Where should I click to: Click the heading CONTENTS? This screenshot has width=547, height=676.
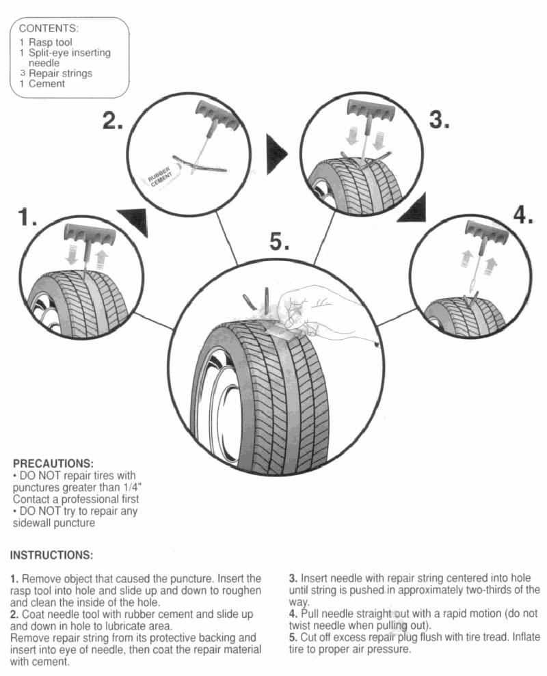(x=49, y=29)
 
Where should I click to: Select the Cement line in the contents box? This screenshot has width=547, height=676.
(x=46, y=83)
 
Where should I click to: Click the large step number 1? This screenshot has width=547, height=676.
(x=27, y=218)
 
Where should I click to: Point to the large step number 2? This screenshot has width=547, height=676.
(x=113, y=121)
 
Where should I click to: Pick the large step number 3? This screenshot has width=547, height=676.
(x=439, y=120)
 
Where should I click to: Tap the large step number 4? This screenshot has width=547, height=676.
(x=522, y=215)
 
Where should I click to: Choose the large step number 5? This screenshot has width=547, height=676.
(x=279, y=241)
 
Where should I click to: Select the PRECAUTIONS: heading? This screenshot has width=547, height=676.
(x=53, y=463)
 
